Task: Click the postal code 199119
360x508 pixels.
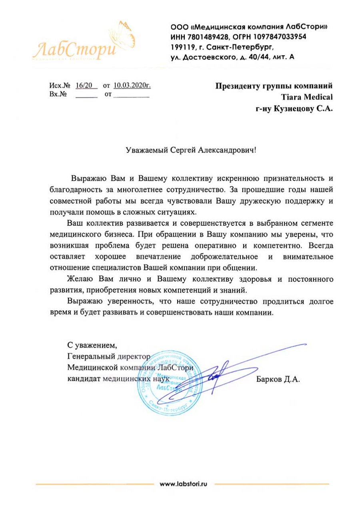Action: [x=182, y=47]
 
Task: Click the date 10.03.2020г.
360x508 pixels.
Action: [x=132, y=85]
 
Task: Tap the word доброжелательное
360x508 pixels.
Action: [x=221, y=255]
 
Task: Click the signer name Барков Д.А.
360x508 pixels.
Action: [x=278, y=379]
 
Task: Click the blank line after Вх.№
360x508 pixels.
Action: [x=86, y=96]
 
